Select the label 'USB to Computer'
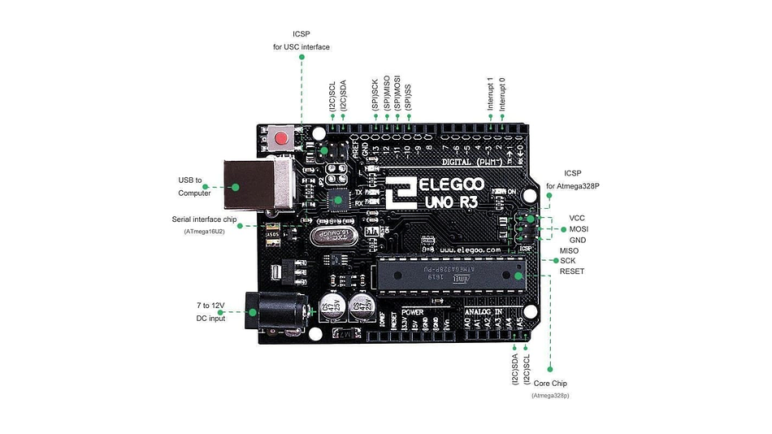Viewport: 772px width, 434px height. [195, 186]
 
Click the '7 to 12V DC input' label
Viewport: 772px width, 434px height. [210, 311]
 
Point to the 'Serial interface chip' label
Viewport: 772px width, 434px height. [205, 219]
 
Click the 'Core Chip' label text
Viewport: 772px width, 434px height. [550, 384]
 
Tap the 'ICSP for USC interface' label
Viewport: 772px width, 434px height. [301, 41]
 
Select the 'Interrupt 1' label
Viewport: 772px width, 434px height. [491, 94]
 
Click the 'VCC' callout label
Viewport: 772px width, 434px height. [577, 218]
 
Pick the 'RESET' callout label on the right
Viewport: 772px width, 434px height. [572, 271]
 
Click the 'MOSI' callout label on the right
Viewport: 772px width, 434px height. [579, 229]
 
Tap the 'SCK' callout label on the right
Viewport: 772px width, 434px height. [568, 261]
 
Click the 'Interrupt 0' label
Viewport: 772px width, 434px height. [502, 94]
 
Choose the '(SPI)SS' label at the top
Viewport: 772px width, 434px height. [408, 98]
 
